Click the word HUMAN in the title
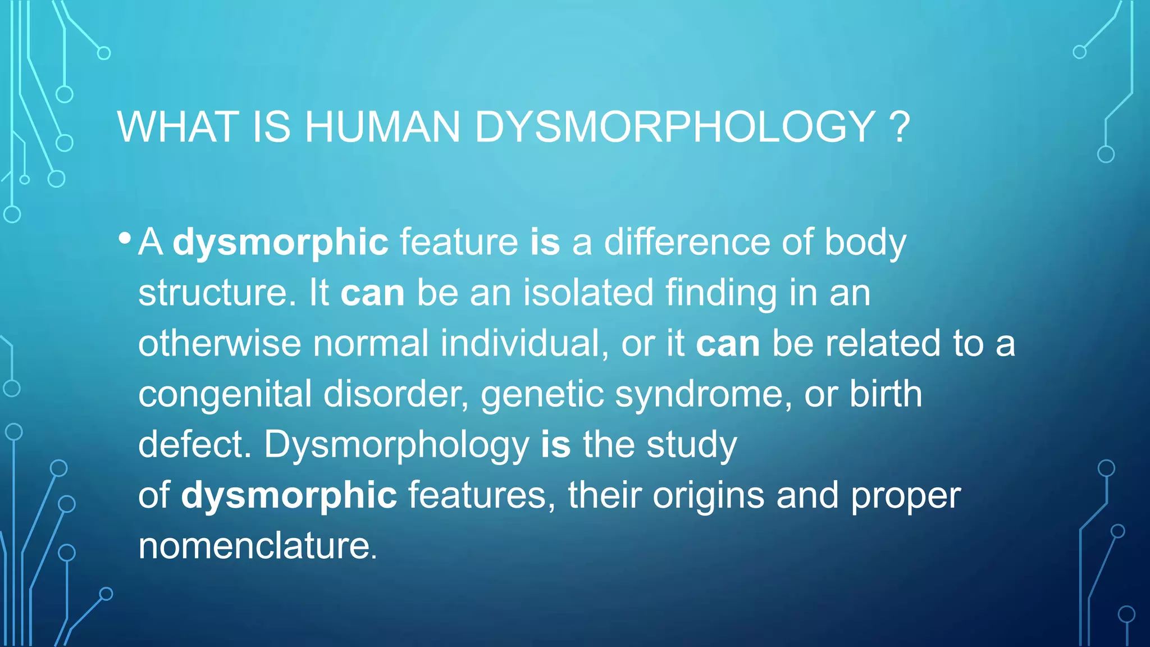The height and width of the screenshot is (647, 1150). coord(382,127)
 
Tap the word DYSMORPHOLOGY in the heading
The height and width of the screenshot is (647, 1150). coord(674,127)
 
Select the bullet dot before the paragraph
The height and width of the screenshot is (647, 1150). coord(125,238)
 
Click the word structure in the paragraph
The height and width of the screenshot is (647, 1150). coord(217,293)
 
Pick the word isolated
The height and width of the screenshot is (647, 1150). coord(588,293)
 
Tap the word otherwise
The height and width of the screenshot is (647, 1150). coord(220,344)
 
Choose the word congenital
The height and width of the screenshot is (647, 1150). coord(225,394)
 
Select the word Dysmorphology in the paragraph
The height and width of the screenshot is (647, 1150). coord(396,445)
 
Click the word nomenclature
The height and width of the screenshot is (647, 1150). coord(257,546)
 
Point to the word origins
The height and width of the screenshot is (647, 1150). coord(708,496)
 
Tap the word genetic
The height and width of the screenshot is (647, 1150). coord(541,394)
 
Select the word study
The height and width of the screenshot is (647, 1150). coord(691,445)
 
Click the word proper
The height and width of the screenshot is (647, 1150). coord(905,496)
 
